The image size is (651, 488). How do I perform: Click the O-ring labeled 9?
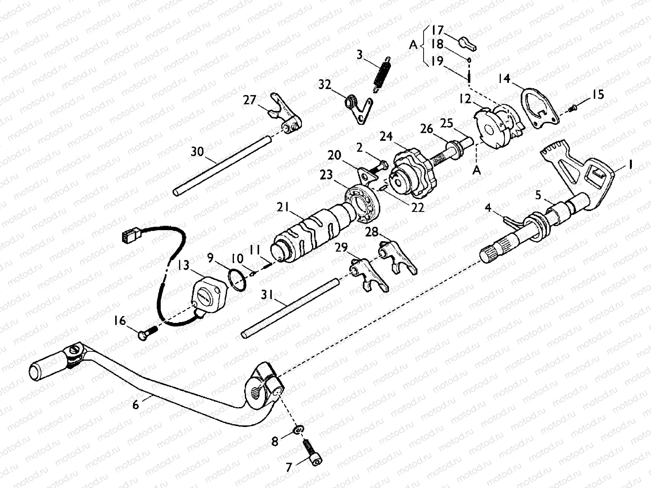click(x=238, y=280)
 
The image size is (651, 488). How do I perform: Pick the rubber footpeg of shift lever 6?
click(x=46, y=366)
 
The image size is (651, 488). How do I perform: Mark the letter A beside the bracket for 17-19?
click(x=413, y=45)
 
